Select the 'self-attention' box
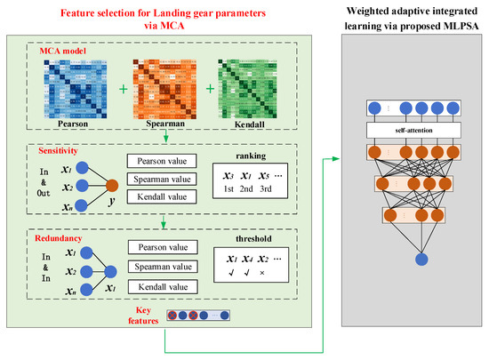click(414, 130)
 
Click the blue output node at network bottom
click(414, 259)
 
